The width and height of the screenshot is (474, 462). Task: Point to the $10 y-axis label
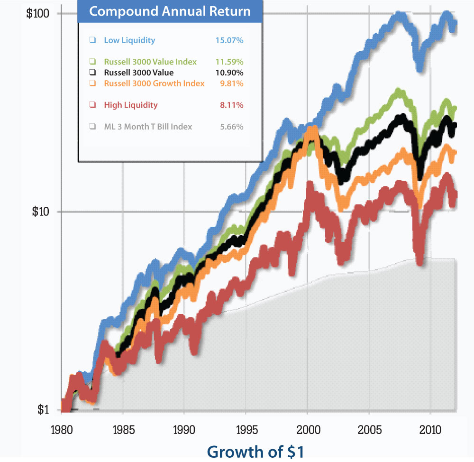(40, 212)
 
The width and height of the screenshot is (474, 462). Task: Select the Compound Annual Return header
(170, 11)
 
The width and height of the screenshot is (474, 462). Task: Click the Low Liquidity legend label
(129, 40)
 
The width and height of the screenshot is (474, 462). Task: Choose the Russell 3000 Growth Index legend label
(154, 83)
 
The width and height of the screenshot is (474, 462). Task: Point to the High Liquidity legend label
(131, 105)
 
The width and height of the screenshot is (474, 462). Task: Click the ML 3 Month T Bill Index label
(148, 127)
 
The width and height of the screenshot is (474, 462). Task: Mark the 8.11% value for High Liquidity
(232, 105)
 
